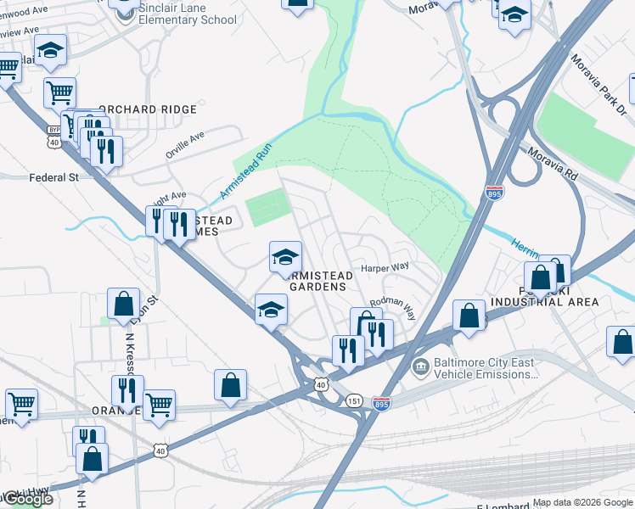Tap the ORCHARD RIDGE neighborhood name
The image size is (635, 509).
[x=148, y=109]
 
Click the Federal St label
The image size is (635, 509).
[x=53, y=177]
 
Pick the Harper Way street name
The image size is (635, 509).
[x=385, y=266]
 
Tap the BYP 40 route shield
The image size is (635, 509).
[x=54, y=136]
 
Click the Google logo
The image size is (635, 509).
[x=27, y=499]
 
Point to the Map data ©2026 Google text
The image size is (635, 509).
[x=582, y=502]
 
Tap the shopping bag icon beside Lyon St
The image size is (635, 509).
[x=124, y=304]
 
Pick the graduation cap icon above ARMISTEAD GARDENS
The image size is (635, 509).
[x=286, y=256]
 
